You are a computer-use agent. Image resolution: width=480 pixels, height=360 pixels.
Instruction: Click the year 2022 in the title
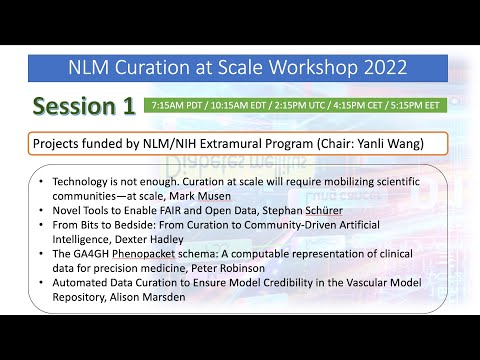379,68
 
